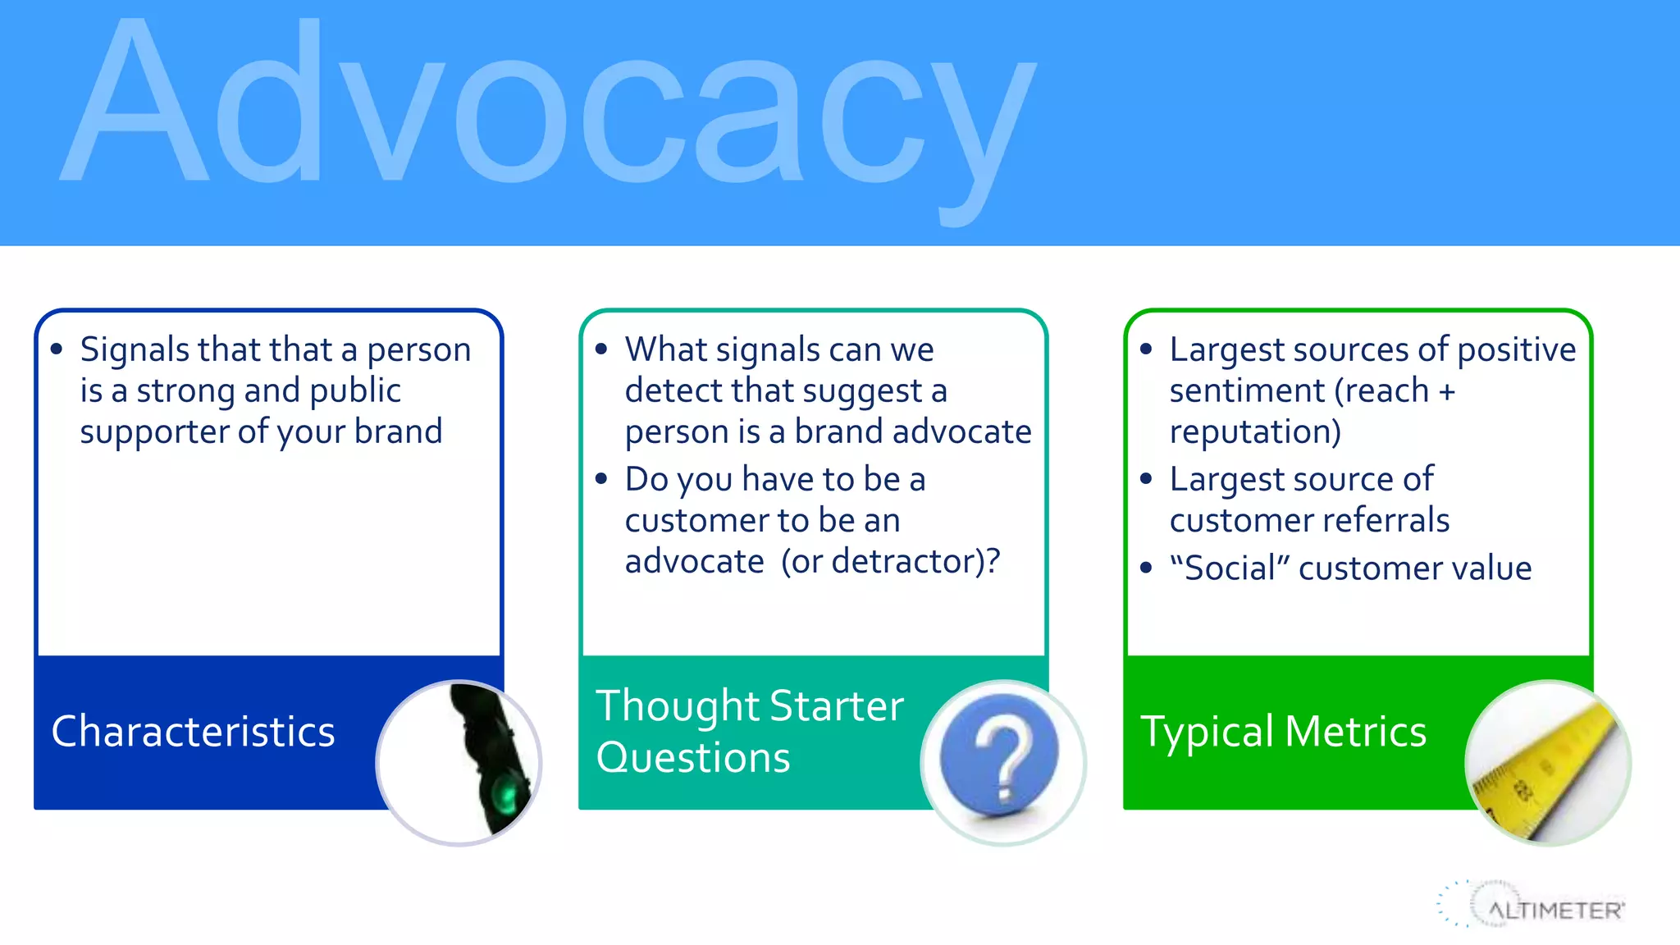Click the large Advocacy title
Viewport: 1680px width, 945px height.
548,107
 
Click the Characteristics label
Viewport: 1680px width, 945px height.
194,732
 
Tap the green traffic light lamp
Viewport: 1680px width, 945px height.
505,796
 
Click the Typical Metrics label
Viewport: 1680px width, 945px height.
1284,732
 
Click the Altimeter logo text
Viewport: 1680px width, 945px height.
1554,911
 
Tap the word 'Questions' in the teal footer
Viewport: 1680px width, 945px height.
693,757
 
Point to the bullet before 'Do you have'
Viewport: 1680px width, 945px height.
602,478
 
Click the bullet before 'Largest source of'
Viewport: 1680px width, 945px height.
1147,478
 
